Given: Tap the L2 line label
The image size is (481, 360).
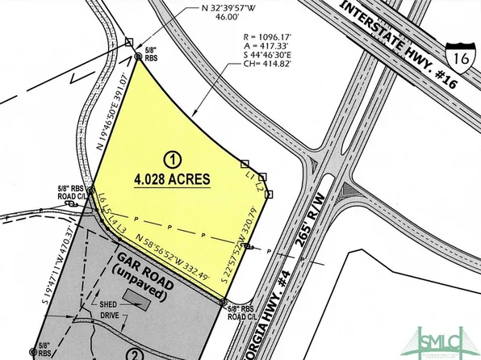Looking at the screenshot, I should click(260, 186).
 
